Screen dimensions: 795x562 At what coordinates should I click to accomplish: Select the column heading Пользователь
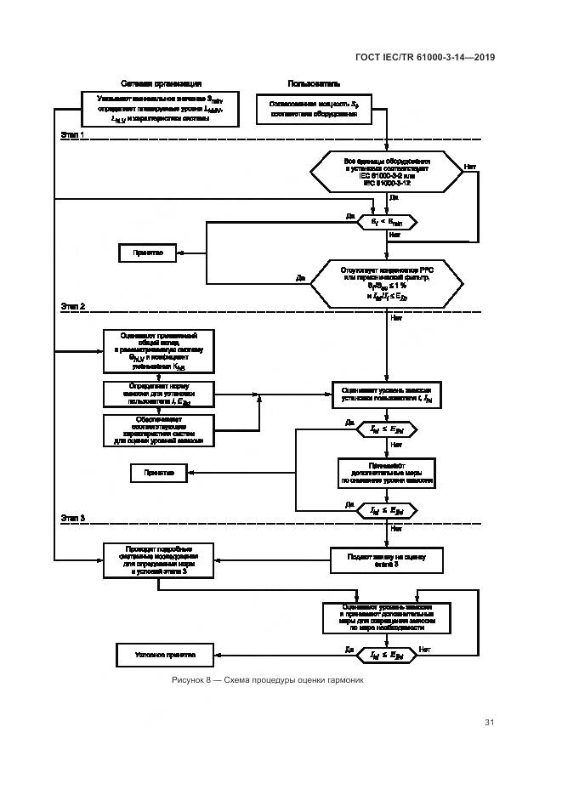[315, 84]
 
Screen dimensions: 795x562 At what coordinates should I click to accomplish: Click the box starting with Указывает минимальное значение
[161, 110]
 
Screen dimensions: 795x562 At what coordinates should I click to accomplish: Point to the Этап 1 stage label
[73, 135]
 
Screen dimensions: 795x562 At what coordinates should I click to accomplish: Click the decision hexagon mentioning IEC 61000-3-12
[387, 171]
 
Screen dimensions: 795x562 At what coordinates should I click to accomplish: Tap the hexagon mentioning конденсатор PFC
[387, 282]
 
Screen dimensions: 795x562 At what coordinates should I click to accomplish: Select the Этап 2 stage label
[73, 304]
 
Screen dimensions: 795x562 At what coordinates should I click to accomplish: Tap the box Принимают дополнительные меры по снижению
[387, 472]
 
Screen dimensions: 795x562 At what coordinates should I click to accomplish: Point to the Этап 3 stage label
[73, 516]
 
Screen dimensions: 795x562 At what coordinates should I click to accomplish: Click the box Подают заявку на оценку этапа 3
[387, 559]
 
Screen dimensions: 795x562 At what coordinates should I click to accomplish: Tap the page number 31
[489, 723]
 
